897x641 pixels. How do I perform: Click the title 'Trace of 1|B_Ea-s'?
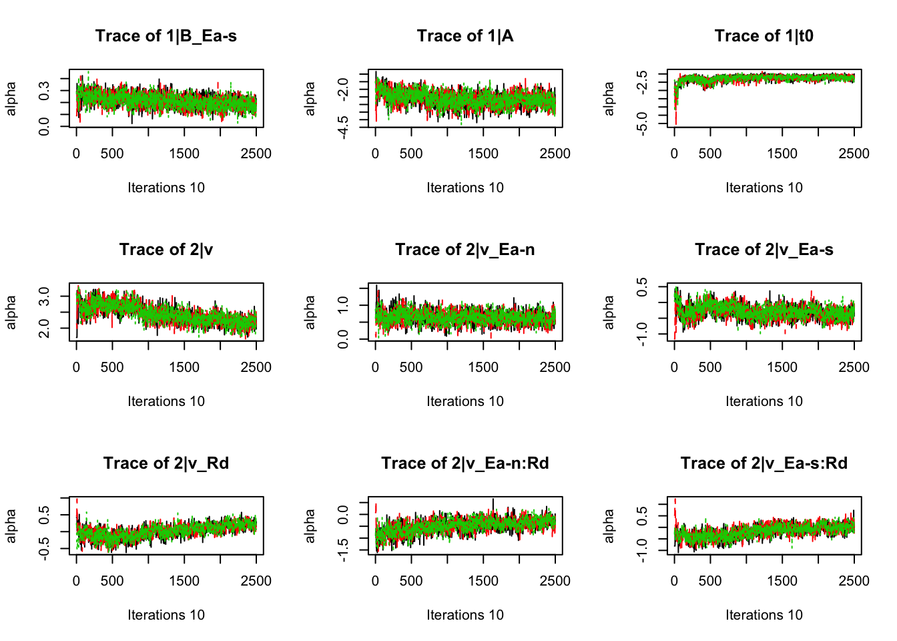tap(166, 36)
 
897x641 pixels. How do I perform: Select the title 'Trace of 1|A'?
tap(465, 36)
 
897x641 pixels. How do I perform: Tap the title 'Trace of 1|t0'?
tap(764, 36)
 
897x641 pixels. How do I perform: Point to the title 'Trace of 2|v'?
tap(166, 250)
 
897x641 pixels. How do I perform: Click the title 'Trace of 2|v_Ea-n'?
tap(465, 250)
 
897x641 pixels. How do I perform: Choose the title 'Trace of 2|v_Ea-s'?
tap(764, 250)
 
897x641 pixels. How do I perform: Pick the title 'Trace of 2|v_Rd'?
tap(166, 463)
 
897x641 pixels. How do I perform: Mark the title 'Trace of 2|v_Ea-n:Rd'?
tap(465, 463)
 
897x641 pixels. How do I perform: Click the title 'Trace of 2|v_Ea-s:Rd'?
tap(764, 463)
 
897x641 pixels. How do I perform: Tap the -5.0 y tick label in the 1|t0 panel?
tap(642, 124)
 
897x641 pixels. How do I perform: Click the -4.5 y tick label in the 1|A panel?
tap(343, 127)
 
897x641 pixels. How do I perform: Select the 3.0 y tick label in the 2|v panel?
tap(44, 296)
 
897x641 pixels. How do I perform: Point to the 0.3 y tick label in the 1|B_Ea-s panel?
tap(44, 90)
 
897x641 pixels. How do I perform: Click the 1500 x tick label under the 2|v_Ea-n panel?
tap(483, 367)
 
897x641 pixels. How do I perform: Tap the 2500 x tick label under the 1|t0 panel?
tap(854, 154)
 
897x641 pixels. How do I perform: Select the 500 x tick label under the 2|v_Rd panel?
tap(112, 581)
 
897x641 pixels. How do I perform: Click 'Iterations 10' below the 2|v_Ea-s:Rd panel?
tap(764, 615)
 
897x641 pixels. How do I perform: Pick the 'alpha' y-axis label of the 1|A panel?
tap(310, 98)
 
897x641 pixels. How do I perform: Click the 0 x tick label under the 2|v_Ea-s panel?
tap(674, 367)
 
